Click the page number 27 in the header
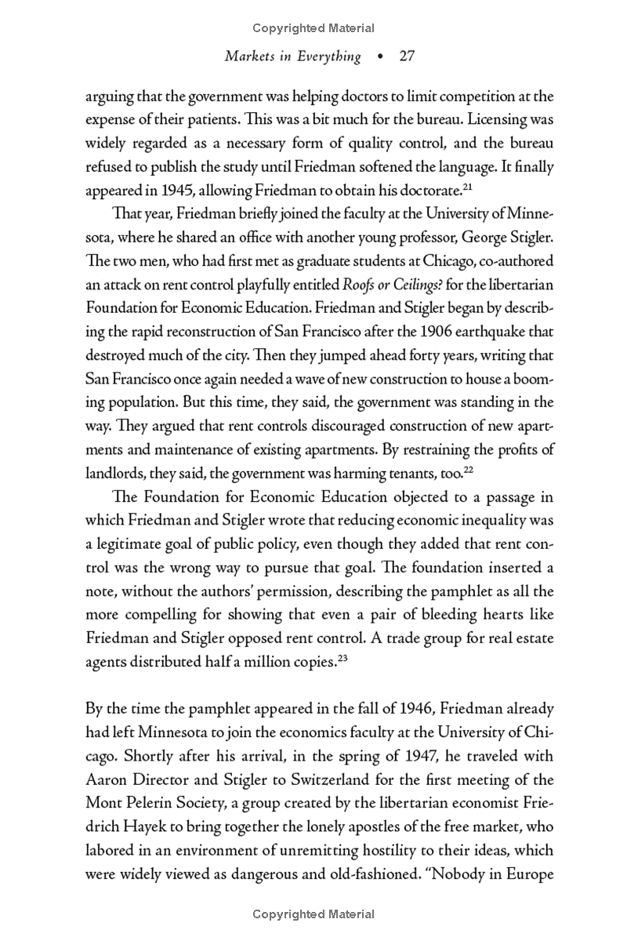(x=406, y=56)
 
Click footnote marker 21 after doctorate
(x=447, y=185)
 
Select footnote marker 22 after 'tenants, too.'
(x=469, y=470)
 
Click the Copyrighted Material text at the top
(x=313, y=28)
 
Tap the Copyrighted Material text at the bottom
(x=313, y=914)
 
